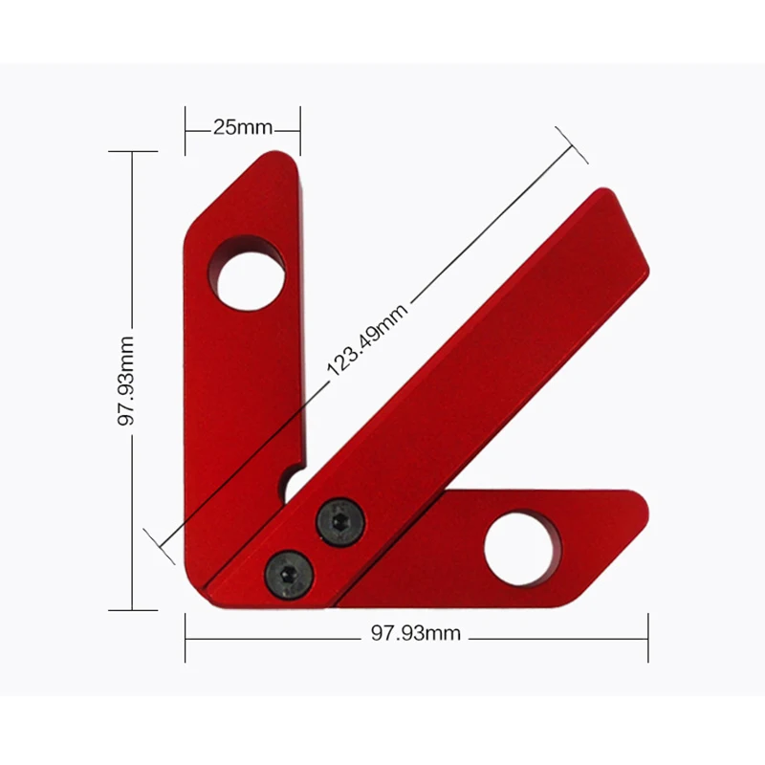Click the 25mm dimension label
[243, 127]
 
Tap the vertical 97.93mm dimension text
[126, 381]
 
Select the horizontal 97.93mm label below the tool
[416, 633]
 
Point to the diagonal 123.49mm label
[367, 340]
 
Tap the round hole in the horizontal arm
[522, 548]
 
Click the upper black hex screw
[340, 521]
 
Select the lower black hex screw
[289, 575]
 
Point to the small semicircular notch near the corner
[290, 486]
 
